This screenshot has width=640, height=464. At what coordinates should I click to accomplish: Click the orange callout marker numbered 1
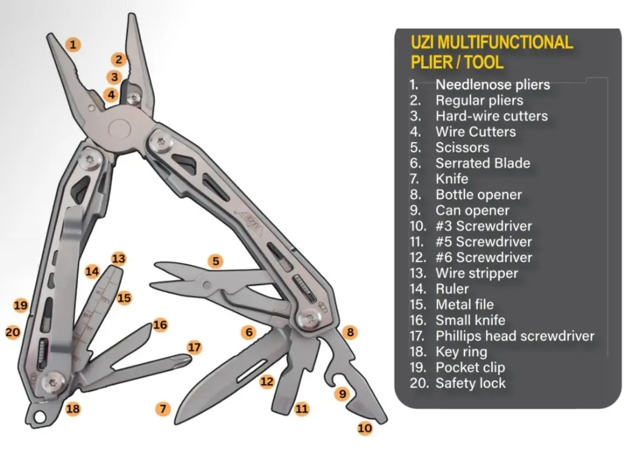click(73, 44)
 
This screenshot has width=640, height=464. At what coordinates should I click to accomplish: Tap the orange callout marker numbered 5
click(216, 261)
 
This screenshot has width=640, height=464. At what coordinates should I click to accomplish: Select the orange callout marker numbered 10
click(364, 428)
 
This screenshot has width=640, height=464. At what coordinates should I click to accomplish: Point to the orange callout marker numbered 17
click(194, 348)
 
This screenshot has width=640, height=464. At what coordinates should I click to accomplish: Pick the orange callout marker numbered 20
click(13, 332)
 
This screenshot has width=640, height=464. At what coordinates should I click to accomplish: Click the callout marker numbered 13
click(118, 259)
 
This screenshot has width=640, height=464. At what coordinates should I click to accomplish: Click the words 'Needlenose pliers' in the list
click(492, 85)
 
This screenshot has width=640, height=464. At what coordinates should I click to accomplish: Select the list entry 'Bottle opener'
click(478, 195)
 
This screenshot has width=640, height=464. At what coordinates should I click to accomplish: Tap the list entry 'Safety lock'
click(470, 383)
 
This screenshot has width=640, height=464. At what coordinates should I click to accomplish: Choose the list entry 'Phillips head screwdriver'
click(515, 335)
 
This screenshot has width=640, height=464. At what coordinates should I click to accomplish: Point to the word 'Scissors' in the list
click(461, 147)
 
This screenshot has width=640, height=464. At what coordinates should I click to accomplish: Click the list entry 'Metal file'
click(465, 304)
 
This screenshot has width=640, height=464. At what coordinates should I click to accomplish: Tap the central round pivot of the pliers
click(120, 128)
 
